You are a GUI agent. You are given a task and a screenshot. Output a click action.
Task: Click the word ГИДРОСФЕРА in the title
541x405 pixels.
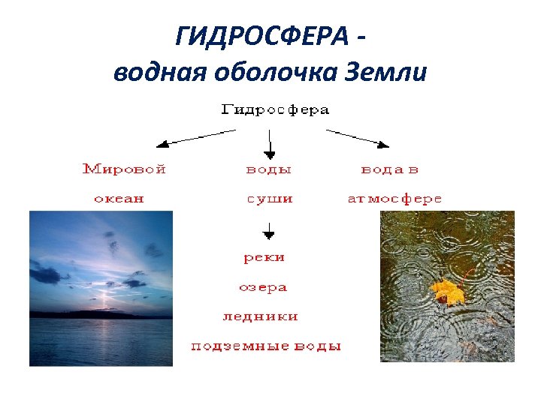tap(264, 35)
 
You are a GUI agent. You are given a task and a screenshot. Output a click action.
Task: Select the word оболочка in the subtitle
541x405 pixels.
tap(276, 72)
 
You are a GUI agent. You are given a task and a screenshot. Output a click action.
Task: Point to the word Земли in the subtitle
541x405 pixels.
tap(385, 72)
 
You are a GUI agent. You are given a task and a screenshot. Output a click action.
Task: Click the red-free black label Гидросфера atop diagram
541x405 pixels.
tap(275, 109)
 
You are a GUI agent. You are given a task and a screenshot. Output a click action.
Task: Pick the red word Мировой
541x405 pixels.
tap(124, 169)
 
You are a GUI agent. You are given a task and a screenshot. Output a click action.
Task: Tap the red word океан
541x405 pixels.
tap(119, 199)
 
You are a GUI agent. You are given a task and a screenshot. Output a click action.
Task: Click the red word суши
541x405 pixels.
tap(269, 199)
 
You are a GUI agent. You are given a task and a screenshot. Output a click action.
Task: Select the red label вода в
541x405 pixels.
tap(390, 169)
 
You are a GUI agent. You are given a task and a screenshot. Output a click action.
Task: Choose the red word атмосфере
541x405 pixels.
tap(394, 199)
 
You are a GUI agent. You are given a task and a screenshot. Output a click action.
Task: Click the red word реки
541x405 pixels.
tap(264, 257)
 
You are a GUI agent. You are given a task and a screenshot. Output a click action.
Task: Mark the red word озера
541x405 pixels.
tap(263, 287)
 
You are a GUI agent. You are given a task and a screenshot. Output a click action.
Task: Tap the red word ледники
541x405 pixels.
tap(260, 316)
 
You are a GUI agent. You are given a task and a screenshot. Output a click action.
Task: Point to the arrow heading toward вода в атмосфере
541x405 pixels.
tap(358, 136)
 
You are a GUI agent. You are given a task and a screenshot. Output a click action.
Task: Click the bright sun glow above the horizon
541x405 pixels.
tap(104, 299)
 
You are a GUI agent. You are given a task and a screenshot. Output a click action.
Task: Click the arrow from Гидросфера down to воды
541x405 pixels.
tap(270, 142)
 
